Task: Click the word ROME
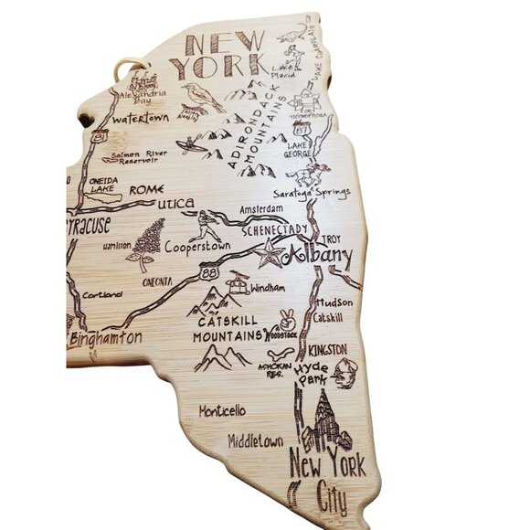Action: pyautogui.click(x=148, y=189)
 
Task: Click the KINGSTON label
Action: pyautogui.click(x=327, y=350)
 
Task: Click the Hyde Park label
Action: pyautogui.click(x=311, y=369)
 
